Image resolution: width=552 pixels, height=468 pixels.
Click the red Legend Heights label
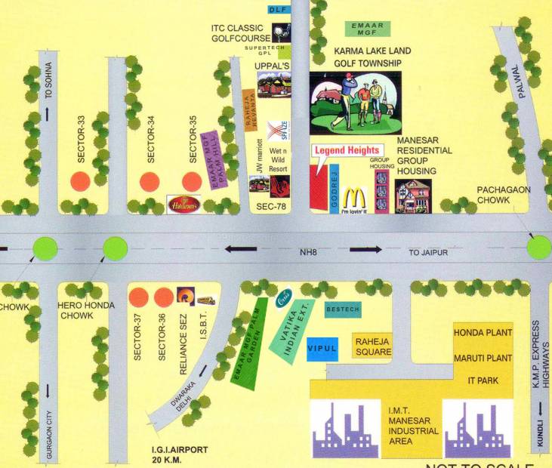pyautogui.click(x=347, y=150)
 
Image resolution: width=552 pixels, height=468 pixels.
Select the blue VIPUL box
pyautogui.click(x=321, y=349)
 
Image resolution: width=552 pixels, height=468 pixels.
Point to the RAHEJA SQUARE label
pyautogui.click(x=372, y=346)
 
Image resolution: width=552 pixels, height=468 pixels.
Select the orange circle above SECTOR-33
pyautogui.click(x=80, y=181)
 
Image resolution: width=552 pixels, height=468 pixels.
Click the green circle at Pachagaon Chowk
pyautogui.click(x=540, y=247)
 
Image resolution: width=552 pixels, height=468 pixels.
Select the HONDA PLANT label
pyautogui.click(x=483, y=332)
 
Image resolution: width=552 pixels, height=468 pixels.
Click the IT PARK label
pyautogui.click(x=483, y=380)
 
